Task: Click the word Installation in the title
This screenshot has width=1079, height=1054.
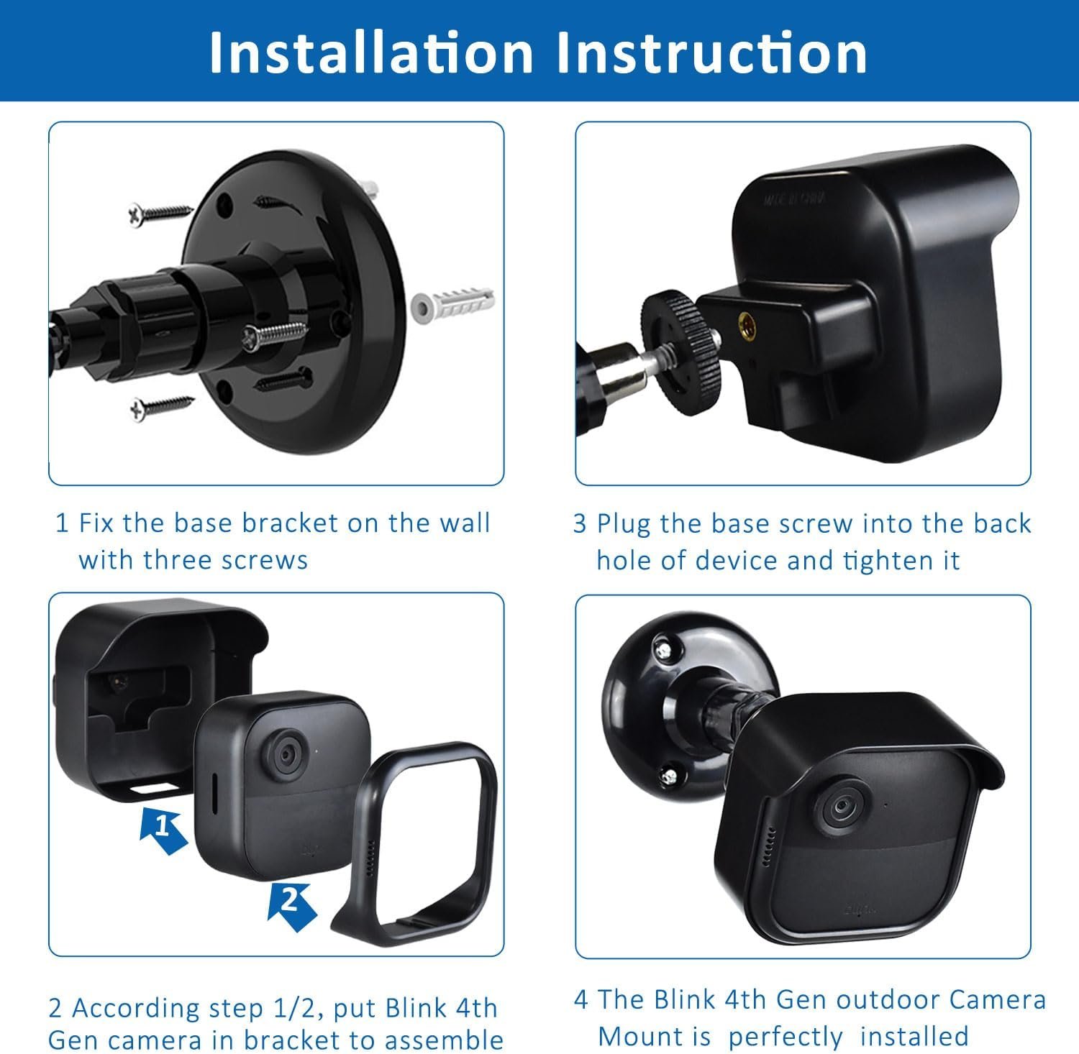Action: pyautogui.click(x=370, y=52)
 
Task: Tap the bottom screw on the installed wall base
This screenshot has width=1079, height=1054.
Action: pyautogui.click(x=668, y=775)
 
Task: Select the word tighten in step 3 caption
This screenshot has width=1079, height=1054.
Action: pyautogui.click(x=889, y=560)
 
